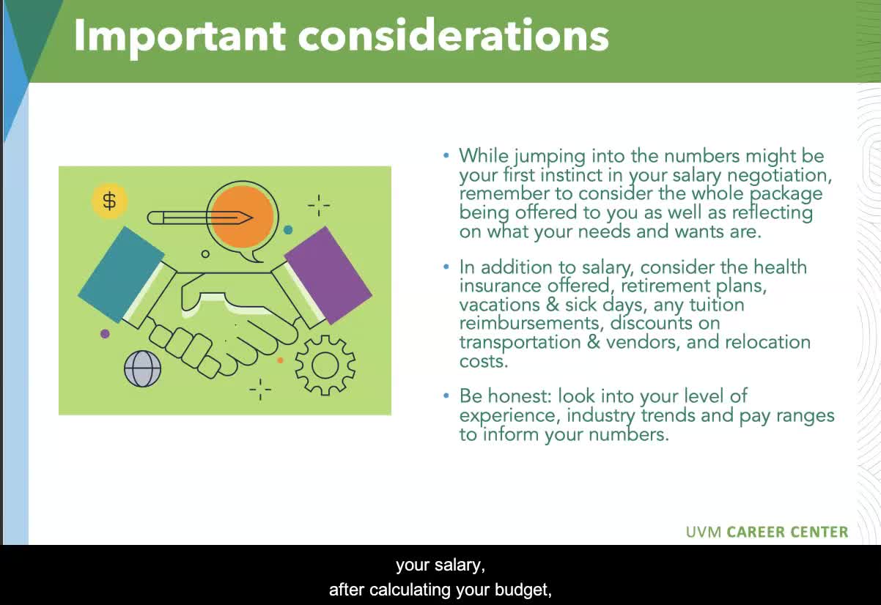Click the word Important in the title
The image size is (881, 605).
[x=180, y=37]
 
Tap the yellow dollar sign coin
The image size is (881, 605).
[x=109, y=201]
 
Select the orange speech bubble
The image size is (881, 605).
[x=243, y=218]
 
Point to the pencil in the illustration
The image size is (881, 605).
[x=200, y=218]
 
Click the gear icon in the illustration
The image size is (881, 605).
[x=325, y=365]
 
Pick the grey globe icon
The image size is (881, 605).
[x=142, y=368]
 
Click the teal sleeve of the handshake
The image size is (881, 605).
[x=121, y=275]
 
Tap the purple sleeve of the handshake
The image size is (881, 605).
[x=328, y=275]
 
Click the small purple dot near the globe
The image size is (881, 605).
[x=105, y=334]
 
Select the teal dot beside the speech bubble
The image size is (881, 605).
[x=288, y=229]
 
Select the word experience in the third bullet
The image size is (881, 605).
[x=509, y=416]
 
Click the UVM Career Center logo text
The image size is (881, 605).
[x=767, y=532]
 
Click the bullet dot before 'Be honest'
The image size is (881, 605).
[x=446, y=396]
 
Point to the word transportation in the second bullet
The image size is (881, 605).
[x=520, y=342]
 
